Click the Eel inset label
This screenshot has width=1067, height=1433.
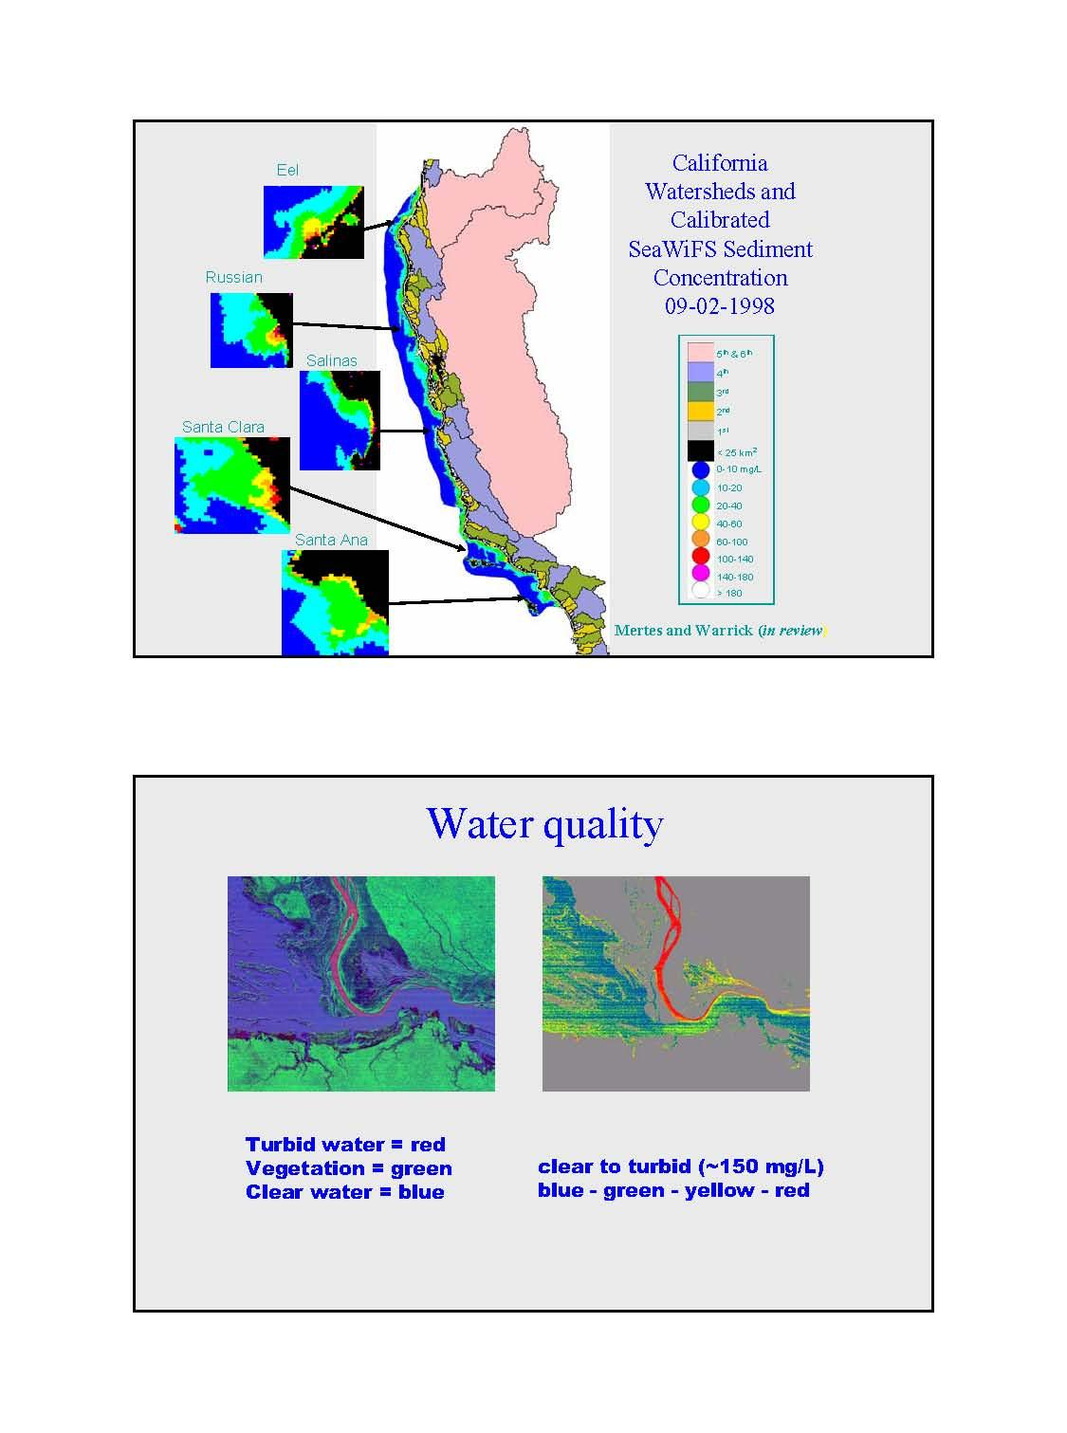coord(287,170)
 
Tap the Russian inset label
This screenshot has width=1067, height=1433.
coord(233,277)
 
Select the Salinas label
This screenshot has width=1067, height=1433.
coord(332,360)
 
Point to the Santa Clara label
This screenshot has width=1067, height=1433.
coord(223,427)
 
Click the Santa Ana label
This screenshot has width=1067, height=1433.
coord(331,540)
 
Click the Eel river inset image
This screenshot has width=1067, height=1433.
coord(313,222)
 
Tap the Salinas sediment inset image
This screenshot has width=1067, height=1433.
coord(340,420)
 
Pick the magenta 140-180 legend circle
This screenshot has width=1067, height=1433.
coord(701,574)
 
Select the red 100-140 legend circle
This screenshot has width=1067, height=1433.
coord(701,557)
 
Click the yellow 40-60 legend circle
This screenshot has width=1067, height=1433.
coord(701,522)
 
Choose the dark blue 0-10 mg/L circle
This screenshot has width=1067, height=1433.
coord(701,469)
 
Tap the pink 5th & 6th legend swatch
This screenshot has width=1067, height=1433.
coord(700,352)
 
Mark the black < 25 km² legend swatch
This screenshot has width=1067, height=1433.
coord(700,451)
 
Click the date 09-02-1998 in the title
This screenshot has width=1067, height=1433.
coord(720,305)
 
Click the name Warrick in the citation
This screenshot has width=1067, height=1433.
coord(725,630)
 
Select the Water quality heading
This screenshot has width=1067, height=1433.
coord(544,823)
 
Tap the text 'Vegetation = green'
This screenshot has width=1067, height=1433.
coord(348,1168)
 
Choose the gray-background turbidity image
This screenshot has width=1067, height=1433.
coord(675,983)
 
